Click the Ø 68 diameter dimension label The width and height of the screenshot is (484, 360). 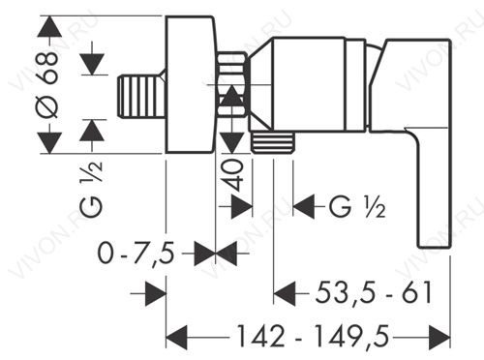[48, 85]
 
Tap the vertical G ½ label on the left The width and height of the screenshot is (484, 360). [91, 189]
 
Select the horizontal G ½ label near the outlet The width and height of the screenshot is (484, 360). [357, 206]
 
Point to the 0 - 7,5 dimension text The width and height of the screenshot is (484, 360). [136, 254]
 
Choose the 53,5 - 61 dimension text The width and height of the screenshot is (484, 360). [374, 293]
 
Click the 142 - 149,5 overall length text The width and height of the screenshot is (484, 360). [313, 336]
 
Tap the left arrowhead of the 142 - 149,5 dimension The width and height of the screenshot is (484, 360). [176, 338]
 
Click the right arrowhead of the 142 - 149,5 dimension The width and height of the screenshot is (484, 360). [439, 338]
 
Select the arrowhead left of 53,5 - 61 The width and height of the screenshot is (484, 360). [285, 293]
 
